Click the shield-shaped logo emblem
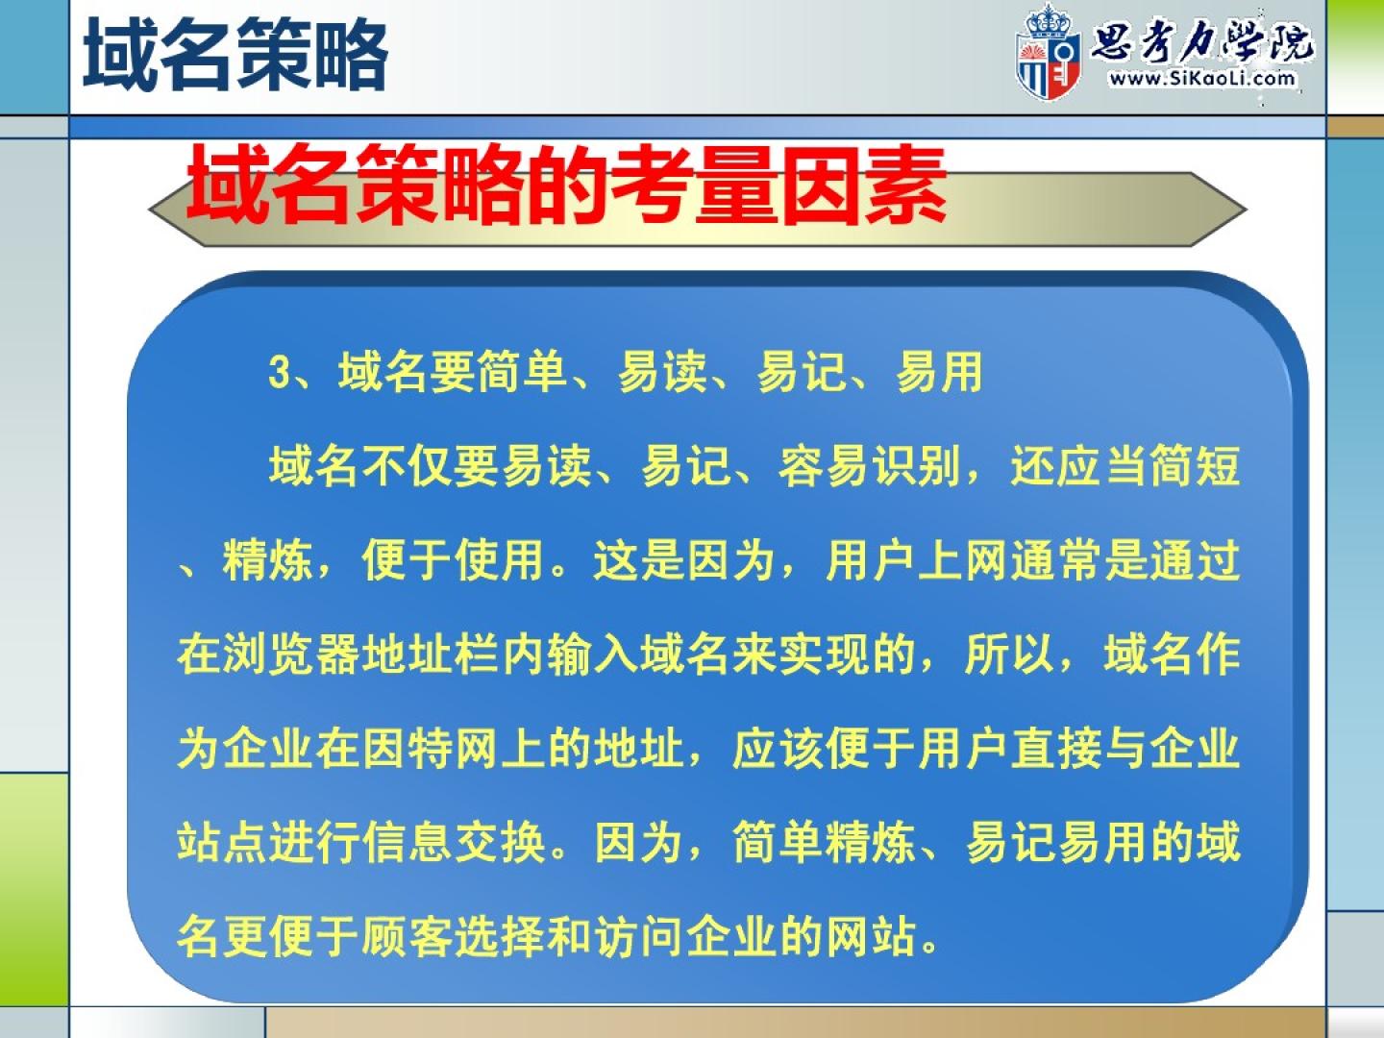[1048, 54]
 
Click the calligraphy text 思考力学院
[1201, 43]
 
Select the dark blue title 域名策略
[235, 55]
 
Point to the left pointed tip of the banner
[149, 210]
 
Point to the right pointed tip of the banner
[1247, 210]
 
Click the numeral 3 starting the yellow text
[278, 373]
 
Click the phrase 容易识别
[868, 467]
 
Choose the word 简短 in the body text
[1195, 467]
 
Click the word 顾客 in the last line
[408, 936]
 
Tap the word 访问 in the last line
[639, 936]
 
